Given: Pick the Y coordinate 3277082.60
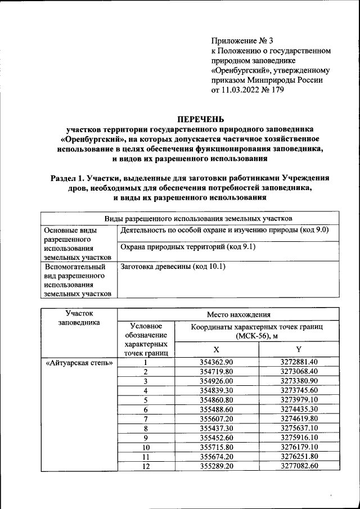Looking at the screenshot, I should tap(299, 466).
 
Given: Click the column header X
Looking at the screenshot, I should tap(217, 349).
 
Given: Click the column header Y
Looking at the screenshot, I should tap(299, 349).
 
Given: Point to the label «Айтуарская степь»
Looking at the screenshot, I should tap(79, 362).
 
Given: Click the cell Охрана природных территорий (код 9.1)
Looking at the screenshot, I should tap(184, 247).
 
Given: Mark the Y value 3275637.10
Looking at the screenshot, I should tap(299, 428).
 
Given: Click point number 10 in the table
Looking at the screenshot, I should tap(146, 447).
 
